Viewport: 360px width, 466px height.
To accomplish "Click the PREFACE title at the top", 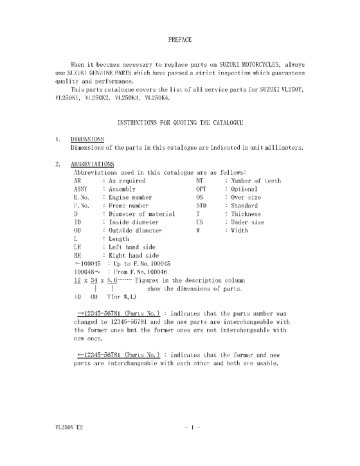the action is point(179,40).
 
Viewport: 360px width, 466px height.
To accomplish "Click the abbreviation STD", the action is point(201,206).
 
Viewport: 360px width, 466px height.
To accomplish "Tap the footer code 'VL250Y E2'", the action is point(68,426).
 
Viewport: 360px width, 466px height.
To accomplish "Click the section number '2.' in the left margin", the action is point(58,164).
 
